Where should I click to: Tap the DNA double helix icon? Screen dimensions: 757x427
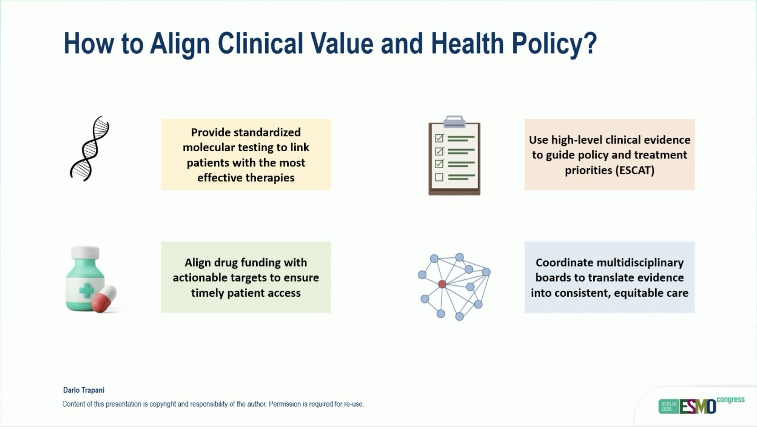pyautogui.click(x=90, y=149)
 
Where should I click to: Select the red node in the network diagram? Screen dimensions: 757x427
pyautogui.click(x=442, y=284)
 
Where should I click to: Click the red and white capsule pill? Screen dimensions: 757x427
pyautogui.click(x=104, y=298)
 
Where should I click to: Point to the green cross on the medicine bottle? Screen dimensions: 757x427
pyautogui.click(x=86, y=290)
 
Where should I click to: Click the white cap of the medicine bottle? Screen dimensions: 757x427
pyautogui.click(x=85, y=253)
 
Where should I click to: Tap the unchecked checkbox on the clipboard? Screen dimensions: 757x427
pyautogui.click(x=439, y=177)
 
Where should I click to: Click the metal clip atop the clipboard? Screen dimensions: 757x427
pyautogui.click(x=454, y=121)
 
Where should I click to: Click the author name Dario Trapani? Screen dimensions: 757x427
pyautogui.click(x=84, y=390)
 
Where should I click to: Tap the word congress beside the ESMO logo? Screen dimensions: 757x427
pyautogui.click(x=730, y=400)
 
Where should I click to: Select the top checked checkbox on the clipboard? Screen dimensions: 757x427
pyautogui.click(x=439, y=138)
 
